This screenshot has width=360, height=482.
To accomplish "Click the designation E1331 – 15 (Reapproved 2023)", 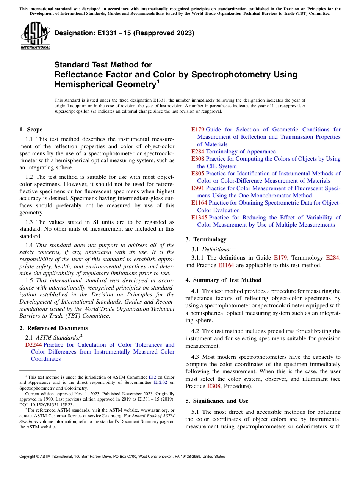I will click(124, 33).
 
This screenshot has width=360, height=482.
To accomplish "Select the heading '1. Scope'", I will click(31, 130).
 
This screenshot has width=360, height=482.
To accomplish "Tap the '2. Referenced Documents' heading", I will click(54, 328).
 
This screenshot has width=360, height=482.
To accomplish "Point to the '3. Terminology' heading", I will click(206, 239).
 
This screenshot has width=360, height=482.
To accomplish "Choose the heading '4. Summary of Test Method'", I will click(223, 280).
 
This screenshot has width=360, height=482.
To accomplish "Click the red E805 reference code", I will click(198, 174).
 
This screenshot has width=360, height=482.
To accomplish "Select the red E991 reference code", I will click(198, 188).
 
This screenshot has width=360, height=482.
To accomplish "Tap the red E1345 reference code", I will click(199, 218).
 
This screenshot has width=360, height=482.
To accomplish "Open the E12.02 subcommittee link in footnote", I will click(161, 382).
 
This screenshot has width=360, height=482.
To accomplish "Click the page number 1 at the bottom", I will click(180, 465).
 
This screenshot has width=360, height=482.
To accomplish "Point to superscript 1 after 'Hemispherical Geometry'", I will click(158, 81).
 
